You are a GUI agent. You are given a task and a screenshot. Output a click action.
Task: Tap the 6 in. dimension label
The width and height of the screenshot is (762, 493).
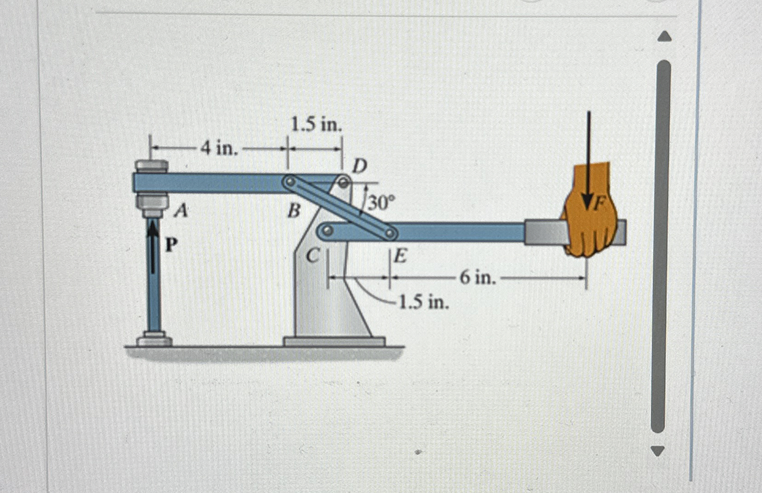click(478, 277)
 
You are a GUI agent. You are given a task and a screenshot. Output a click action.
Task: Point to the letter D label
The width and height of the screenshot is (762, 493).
click(359, 166)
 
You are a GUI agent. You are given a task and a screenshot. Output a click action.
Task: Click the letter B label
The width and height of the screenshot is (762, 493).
click(294, 212)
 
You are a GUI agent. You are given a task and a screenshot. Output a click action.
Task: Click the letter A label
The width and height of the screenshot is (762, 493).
click(182, 211)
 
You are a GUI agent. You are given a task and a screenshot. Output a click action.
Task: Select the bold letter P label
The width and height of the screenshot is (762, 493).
click(171, 245)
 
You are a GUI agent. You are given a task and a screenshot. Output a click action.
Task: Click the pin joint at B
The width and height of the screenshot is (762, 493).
click(290, 183)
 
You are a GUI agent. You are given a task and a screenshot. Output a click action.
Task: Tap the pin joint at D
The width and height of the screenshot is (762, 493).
click(343, 182)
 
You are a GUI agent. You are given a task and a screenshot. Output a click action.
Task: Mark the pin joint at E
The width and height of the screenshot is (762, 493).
click(390, 234)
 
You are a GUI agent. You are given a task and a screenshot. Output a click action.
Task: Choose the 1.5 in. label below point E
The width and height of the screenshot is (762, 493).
click(424, 303)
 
